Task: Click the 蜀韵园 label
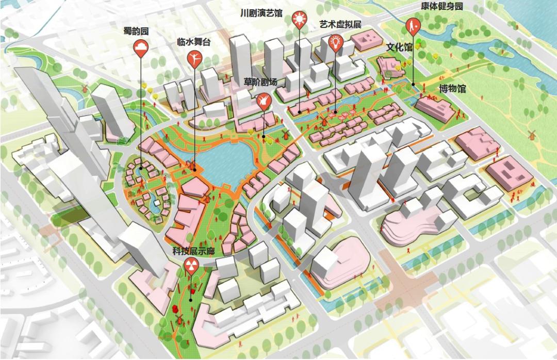click(x=136, y=31)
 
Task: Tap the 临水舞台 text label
click(x=193, y=42)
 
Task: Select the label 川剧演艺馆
click(x=261, y=13)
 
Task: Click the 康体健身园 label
click(x=441, y=7)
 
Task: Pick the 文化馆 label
click(x=399, y=47)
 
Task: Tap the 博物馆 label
click(x=452, y=89)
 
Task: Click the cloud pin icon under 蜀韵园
click(x=141, y=50)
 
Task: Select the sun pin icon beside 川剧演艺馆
click(x=299, y=20)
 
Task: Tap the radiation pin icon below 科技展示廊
click(x=190, y=266)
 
